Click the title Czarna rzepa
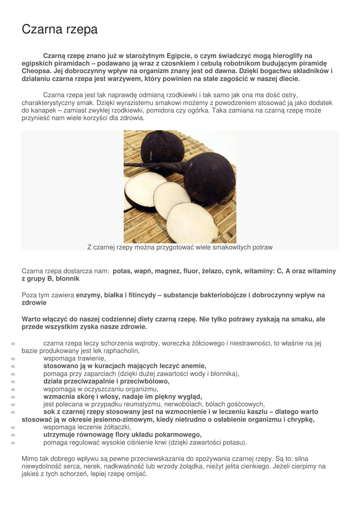[x=60, y=30]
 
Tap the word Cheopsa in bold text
[x=36, y=71]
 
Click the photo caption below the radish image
[x=180, y=247]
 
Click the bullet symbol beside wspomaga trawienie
[x=13, y=358]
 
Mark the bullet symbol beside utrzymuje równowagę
[x=13, y=435]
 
